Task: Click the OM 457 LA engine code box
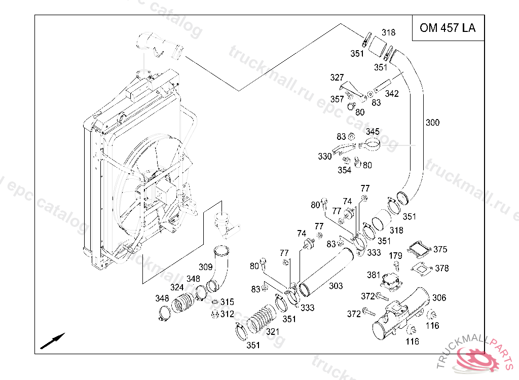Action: [448, 28]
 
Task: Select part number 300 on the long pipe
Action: [432, 123]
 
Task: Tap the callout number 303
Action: [336, 286]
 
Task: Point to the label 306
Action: [439, 298]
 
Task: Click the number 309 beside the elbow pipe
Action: [205, 267]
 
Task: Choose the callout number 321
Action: [273, 332]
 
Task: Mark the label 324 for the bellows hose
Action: [177, 288]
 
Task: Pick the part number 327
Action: [337, 78]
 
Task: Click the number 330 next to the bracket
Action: [325, 157]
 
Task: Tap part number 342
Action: [392, 94]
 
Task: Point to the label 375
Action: [440, 250]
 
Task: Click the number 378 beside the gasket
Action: [442, 268]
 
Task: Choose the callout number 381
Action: [374, 275]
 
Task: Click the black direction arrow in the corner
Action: [53, 340]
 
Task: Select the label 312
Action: [227, 314]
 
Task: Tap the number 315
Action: [227, 302]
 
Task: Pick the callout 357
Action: [337, 99]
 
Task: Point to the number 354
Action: [344, 170]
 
